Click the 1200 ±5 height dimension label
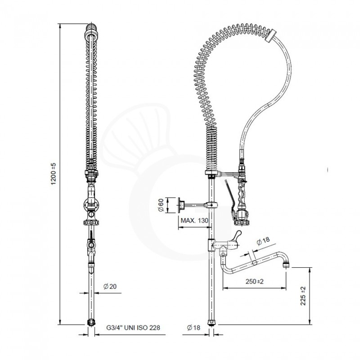click(x=53, y=174)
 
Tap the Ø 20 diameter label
click(x=110, y=286)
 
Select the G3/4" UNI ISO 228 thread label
click(x=133, y=328)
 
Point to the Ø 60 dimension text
click(x=161, y=205)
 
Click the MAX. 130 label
click(x=194, y=220)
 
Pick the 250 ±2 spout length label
click(x=255, y=281)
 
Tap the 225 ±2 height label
click(x=303, y=296)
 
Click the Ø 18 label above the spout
click(x=263, y=241)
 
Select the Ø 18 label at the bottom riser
click(x=193, y=328)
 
